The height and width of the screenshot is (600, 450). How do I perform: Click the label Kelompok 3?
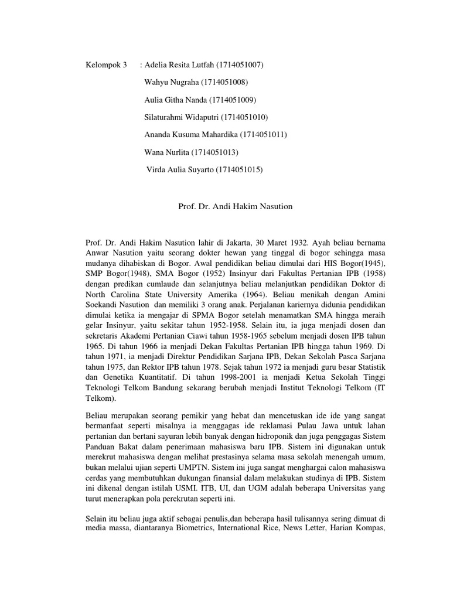(107, 64)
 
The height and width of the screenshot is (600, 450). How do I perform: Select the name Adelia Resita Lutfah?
(179, 64)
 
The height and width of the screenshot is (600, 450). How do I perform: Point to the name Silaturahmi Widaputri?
(181, 117)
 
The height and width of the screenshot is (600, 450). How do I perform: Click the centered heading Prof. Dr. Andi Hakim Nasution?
(235, 206)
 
